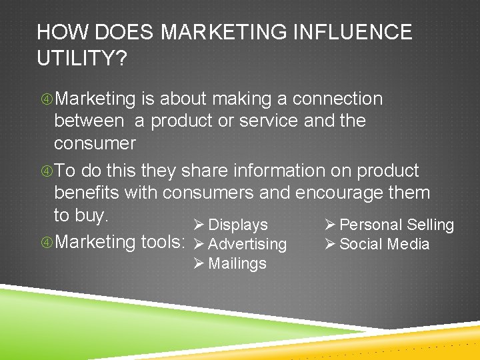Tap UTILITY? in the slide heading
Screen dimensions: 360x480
point(81,59)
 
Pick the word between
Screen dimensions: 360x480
point(89,121)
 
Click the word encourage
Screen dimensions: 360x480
point(348,193)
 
